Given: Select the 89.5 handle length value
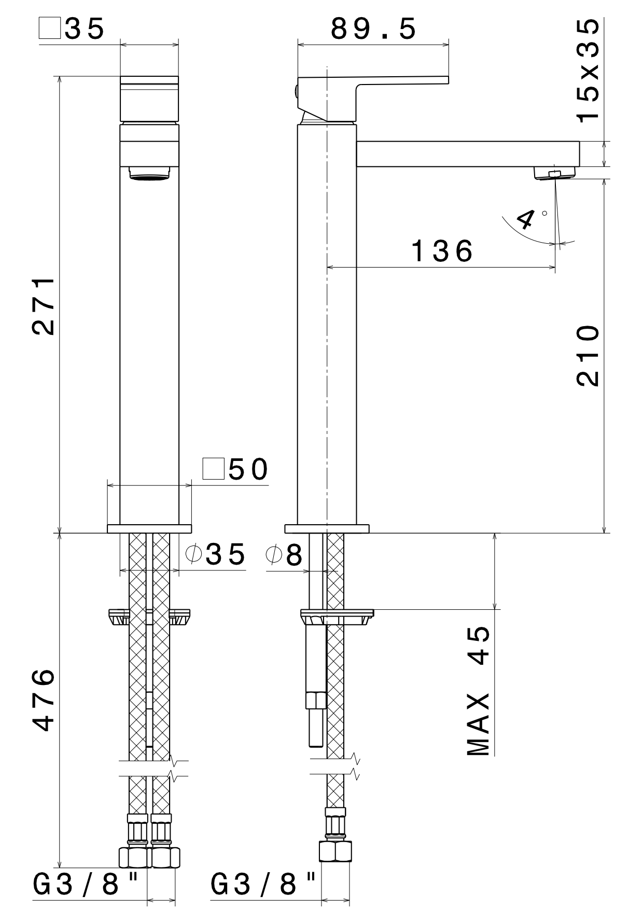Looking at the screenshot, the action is click(x=373, y=29).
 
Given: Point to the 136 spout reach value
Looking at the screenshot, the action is click(x=442, y=251).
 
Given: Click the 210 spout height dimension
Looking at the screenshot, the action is click(x=588, y=356).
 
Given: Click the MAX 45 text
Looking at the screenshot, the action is click(x=478, y=690).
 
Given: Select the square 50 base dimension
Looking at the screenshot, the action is click(x=236, y=469).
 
